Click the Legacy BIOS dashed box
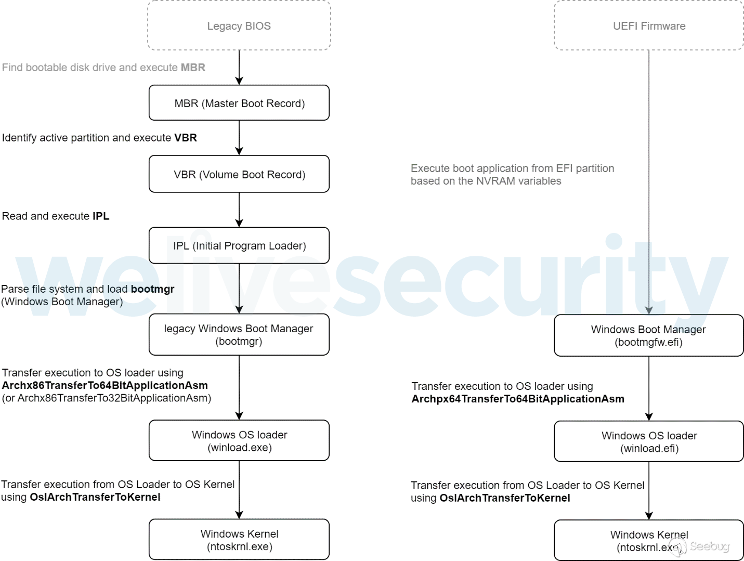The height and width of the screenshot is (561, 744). point(239,26)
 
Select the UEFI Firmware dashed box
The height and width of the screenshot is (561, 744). point(649,26)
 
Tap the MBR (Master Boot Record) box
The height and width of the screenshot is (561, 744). point(239,103)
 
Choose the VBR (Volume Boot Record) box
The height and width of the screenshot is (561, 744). point(239,174)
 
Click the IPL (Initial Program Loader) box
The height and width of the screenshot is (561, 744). point(239,245)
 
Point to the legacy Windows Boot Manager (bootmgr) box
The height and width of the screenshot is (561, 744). point(239,335)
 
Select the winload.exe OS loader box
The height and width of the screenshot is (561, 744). point(239,441)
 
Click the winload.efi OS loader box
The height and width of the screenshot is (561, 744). point(649,442)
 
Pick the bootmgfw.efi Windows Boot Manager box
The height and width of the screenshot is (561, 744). point(649,336)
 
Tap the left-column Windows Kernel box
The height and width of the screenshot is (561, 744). point(239,540)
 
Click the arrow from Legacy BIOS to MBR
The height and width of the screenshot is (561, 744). point(239,68)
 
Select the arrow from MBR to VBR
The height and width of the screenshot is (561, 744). point(239,138)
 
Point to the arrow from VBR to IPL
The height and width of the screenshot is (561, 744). point(239,210)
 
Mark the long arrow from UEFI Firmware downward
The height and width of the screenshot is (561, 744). point(649,182)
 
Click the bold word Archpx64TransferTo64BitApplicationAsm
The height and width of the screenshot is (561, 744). point(518,399)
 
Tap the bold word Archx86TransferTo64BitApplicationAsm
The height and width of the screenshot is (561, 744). point(105,386)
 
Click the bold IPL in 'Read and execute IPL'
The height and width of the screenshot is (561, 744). point(101,216)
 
